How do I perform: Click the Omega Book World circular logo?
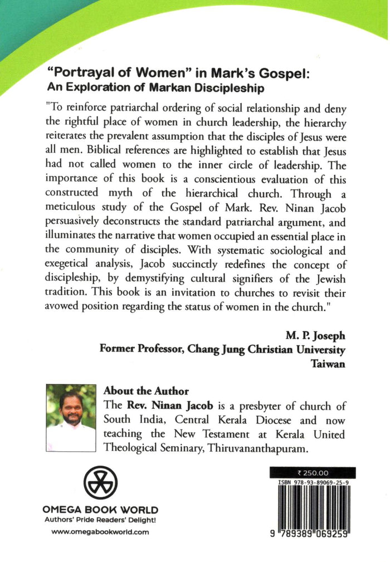coord(101,482)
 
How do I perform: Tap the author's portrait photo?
coord(71,417)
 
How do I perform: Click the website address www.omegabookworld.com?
coord(100,532)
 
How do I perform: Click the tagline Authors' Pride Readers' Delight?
coord(100,520)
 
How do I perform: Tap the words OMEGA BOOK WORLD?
coord(100,510)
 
